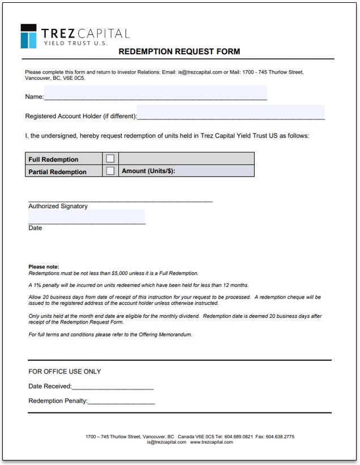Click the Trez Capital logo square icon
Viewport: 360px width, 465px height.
point(28,36)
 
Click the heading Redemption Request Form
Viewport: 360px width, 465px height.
point(179,51)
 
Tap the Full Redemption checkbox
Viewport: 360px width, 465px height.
point(110,159)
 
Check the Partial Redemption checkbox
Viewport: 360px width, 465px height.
point(110,171)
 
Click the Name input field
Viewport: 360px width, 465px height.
point(155,93)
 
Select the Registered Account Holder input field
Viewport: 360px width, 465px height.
point(230,113)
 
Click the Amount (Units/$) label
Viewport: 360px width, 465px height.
point(149,171)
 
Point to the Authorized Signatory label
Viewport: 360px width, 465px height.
point(58,206)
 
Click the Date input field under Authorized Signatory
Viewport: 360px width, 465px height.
point(87,217)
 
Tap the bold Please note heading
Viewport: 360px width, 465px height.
point(44,266)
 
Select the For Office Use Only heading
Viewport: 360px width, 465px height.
point(65,372)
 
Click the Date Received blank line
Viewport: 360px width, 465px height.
point(113,386)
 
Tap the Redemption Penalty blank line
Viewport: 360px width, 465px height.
point(121,401)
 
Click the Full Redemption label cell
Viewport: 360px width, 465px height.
point(63,159)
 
